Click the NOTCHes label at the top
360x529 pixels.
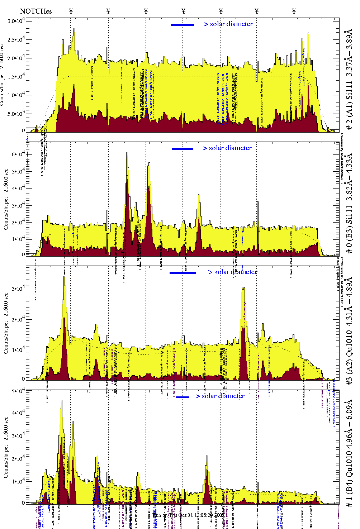point(36,11)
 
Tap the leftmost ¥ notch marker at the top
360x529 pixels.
point(71,11)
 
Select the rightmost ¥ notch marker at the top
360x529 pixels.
point(294,11)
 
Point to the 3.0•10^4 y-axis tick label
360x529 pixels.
point(15,21)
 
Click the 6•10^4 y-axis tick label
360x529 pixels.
point(18,154)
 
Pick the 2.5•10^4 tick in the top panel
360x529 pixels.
point(15,39)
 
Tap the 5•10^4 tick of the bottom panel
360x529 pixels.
point(18,391)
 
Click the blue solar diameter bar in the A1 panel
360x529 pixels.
point(183,25)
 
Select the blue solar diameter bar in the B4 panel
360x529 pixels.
point(183,397)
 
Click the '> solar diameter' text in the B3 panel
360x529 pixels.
point(227,148)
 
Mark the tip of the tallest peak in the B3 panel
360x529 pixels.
point(127,152)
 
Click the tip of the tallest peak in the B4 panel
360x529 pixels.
point(62,401)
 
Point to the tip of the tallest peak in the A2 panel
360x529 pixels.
point(64,276)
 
